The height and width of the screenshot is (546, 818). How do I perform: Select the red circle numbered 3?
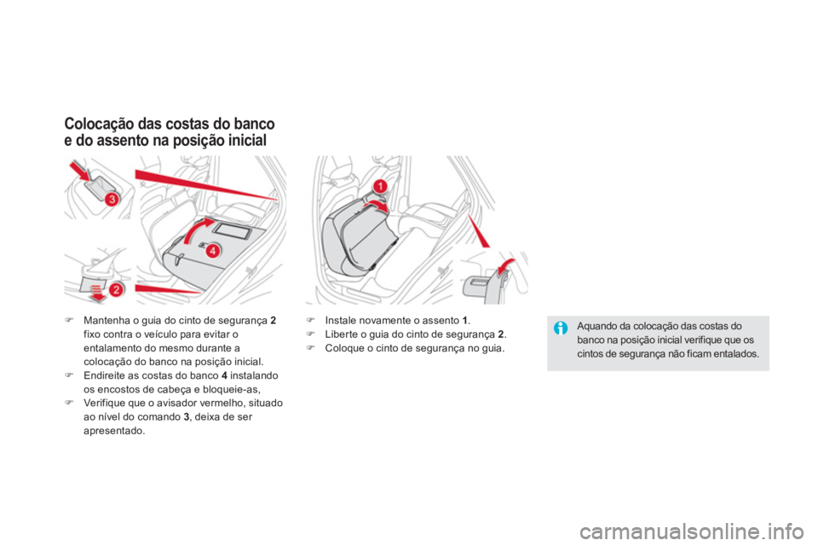point(112,199)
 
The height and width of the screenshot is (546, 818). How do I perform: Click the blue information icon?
point(562,327)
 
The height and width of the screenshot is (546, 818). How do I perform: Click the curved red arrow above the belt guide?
point(505,268)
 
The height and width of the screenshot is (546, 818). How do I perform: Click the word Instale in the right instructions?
point(342,321)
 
